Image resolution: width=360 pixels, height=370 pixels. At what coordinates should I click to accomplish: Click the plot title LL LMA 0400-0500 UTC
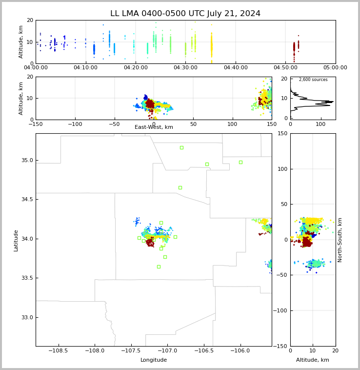185,14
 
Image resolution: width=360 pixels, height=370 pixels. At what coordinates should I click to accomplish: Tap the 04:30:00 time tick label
185,68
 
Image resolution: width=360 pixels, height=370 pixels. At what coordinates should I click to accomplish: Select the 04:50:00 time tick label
285,68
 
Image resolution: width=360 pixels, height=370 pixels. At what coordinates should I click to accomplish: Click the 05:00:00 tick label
335,68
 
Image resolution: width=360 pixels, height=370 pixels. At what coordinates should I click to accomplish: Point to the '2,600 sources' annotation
313,80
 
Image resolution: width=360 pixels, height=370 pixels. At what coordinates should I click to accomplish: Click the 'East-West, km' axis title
154,127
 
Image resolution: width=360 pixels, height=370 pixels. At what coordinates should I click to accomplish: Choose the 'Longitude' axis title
154,360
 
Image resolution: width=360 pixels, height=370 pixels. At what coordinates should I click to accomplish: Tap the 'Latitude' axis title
16,240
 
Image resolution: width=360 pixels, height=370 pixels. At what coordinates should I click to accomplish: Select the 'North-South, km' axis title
340,240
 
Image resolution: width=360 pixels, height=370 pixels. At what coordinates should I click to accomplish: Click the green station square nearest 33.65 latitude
159,267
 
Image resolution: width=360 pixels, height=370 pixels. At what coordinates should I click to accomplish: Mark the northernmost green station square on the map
181,147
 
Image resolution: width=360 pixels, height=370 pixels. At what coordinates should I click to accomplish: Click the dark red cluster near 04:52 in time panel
294,47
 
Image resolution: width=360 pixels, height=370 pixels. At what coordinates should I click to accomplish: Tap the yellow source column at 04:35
211,46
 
